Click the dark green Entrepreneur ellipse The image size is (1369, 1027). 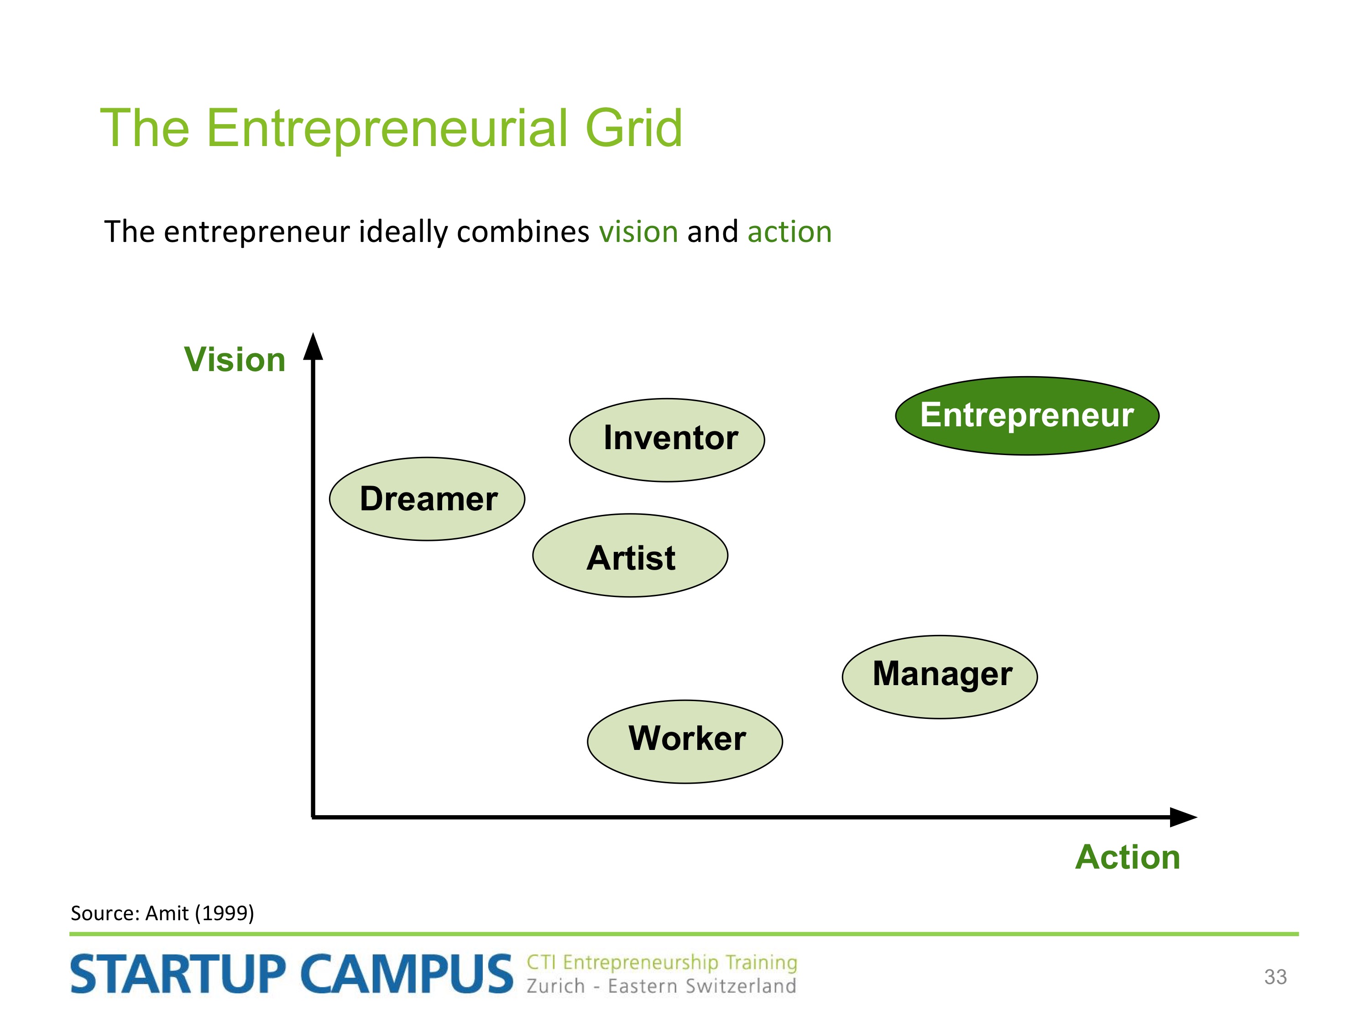coord(1027,416)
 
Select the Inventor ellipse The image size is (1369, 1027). coord(667,440)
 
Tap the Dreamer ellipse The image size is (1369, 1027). coord(427,499)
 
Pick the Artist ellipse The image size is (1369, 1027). coord(630,555)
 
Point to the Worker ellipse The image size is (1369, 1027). coord(684,742)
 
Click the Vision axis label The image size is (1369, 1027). coord(235,359)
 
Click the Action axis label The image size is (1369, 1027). coord(1128,857)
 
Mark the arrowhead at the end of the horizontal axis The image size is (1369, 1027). coord(1183,817)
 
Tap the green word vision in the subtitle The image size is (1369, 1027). coord(638,232)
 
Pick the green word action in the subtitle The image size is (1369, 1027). coord(790,232)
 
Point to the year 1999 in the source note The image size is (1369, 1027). coord(224,913)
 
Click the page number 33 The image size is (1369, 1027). coord(1275,977)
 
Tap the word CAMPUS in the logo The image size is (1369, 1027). coord(407,975)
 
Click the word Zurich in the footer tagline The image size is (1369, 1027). coord(555,986)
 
